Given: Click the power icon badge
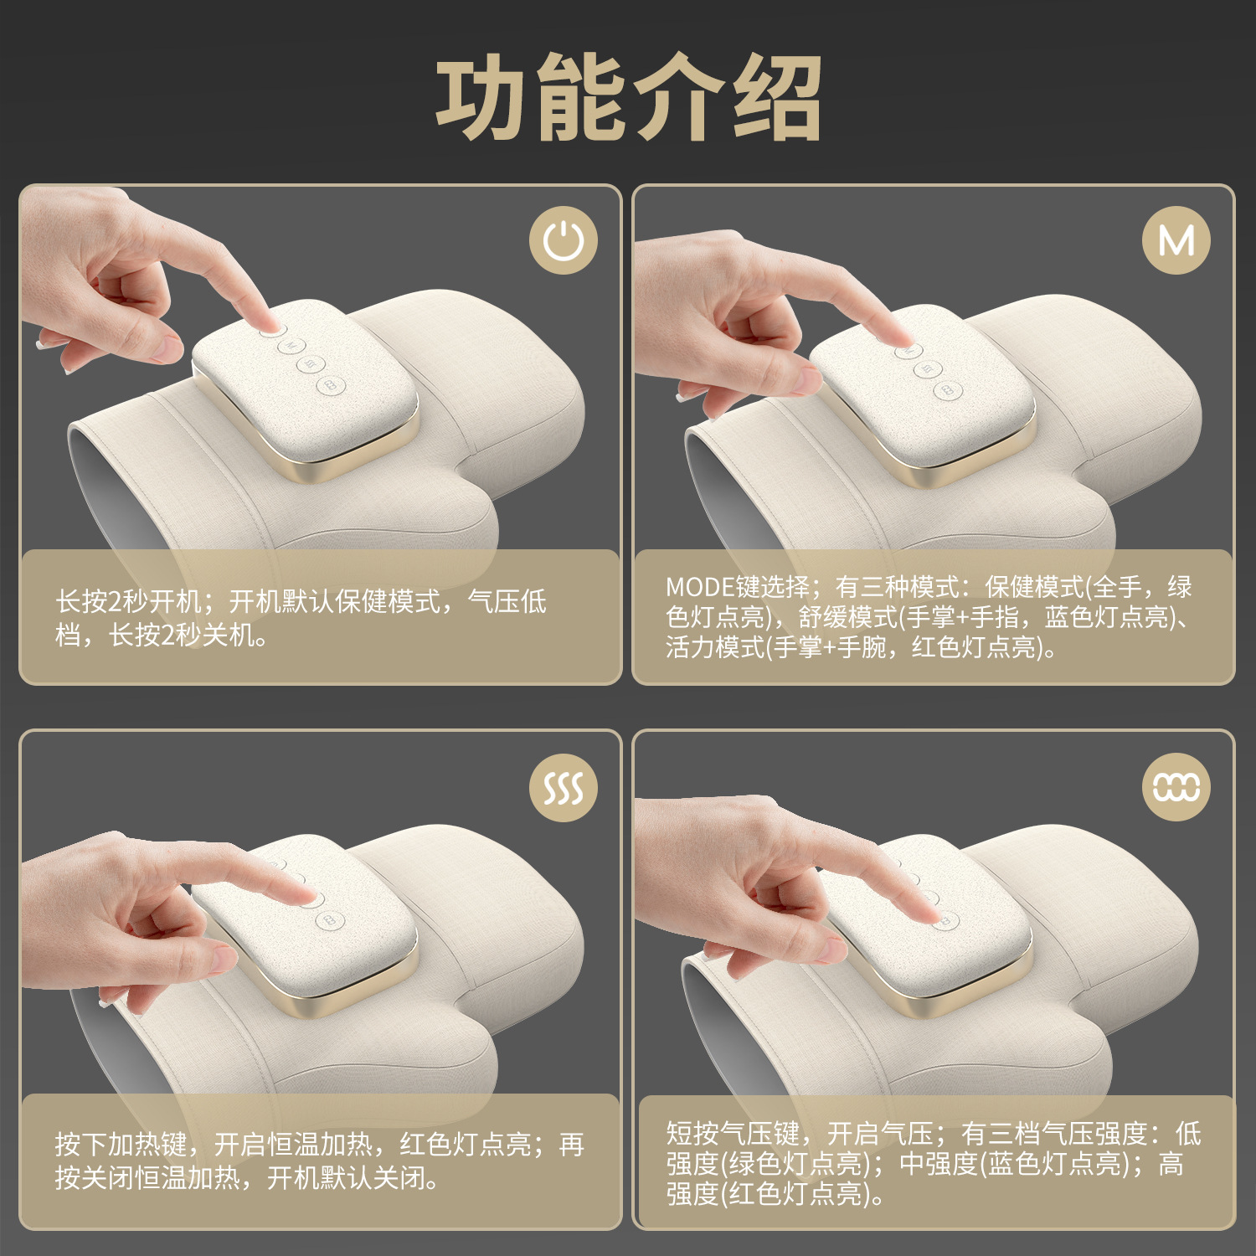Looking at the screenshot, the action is click(x=564, y=240).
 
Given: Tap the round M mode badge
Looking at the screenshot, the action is click(x=1176, y=240).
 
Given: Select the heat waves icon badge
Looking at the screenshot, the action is click(x=564, y=787).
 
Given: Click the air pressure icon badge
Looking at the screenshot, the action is click(x=1176, y=787).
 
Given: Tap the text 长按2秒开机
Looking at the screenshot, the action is click(x=128, y=601).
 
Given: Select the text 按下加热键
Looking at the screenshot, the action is click(x=121, y=1145).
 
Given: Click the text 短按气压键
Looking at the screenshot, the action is click(x=733, y=1134).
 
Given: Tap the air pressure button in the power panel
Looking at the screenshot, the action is click(x=329, y=385).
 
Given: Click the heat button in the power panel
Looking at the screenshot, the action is click(x=310, y=364).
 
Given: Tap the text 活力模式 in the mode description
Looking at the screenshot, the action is click(x=715, y=647).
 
